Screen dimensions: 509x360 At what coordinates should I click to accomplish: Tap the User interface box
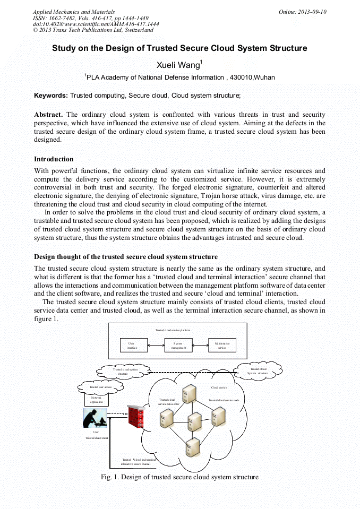click(133, 346)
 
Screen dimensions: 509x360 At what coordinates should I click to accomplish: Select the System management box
click(178, 346)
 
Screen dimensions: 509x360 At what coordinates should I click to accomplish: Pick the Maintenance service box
click(222, 346)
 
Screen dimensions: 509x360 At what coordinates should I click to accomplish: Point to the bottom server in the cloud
click(192, 447)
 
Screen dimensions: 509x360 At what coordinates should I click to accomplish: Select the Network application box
click(96, 399)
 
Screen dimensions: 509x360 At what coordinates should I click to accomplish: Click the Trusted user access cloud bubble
click(100, 387)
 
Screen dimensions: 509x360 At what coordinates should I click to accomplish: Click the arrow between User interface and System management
click(155, 346)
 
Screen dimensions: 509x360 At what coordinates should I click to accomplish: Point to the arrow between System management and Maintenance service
click(200, 346)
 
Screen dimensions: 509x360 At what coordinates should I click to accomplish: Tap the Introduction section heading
click(54, 159)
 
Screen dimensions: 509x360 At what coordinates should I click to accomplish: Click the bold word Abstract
click(48, 115)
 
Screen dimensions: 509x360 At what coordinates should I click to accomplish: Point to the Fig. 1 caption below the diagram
click(179, 477)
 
